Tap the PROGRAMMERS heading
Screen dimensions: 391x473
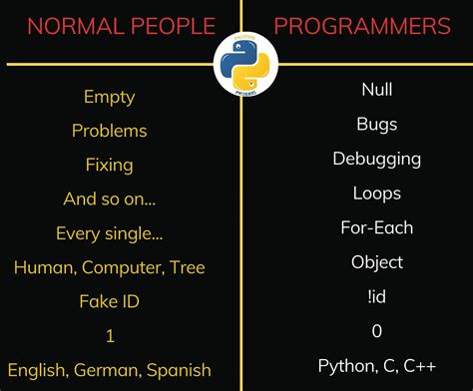pos(362,26)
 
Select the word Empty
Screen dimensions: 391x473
pos(110,98)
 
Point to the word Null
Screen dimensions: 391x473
pos(376,91)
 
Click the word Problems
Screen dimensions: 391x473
pos(110,131)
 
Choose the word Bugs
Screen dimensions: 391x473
pos(376,125)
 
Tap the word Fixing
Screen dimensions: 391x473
pos(110,165)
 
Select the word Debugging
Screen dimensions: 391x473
pos(376,160)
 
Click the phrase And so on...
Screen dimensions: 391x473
pos(110,199)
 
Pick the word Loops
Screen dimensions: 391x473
pos(376,194)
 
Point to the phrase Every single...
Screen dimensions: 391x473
pos(110,234)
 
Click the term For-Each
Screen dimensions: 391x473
pos(376,227)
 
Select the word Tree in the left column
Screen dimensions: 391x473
pos(188,267)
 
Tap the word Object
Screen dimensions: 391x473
pos(376,262)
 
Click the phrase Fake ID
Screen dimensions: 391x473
pos(110,301)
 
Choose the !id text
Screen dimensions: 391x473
pos(376,296)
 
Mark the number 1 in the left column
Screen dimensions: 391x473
pos(110,336)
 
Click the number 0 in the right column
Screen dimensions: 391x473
pos(376,330)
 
